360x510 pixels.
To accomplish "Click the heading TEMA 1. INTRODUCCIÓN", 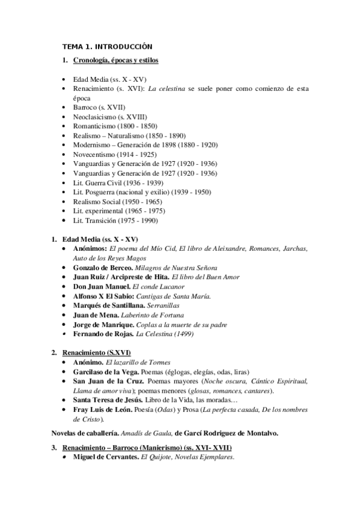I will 108,46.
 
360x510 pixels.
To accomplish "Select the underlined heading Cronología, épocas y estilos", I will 115,61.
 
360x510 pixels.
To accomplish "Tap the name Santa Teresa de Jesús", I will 108,400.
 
